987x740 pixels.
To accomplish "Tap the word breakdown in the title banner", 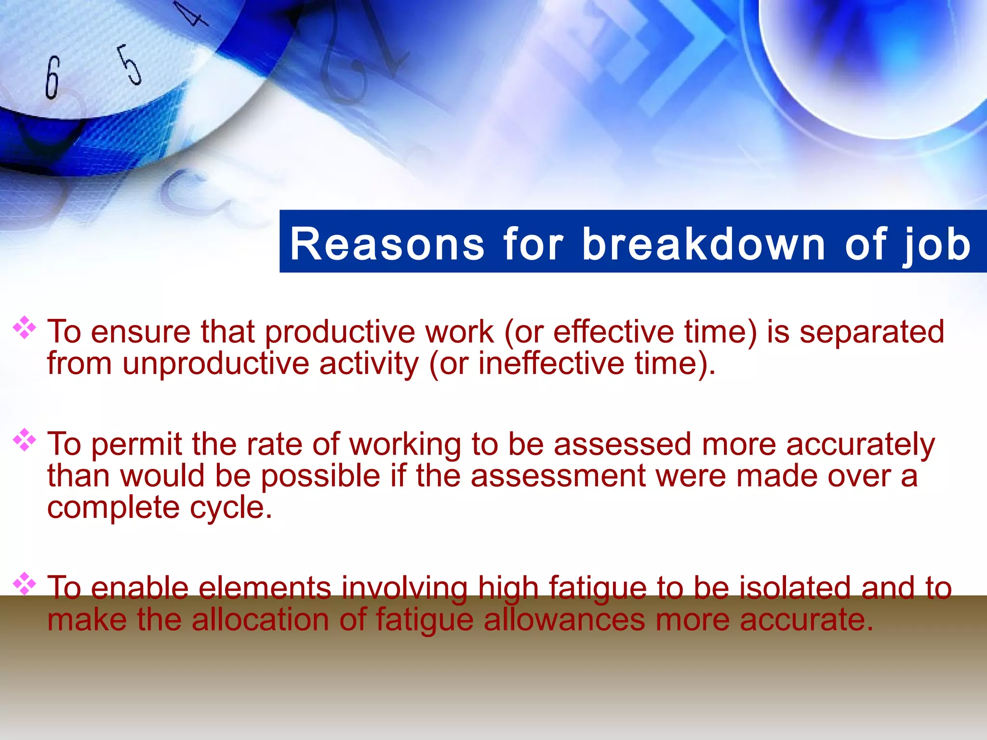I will pyautogui.click(x=704, y=244).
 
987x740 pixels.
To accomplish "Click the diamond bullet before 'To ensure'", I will pyautogui.click(x=24, y=328).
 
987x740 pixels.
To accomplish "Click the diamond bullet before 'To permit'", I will pyautogui.click(x=24, y=440).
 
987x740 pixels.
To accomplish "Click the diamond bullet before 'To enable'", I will pyautogui.click(x=24, y=584).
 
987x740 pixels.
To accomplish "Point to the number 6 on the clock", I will pyautogui.click(x=53, y=77).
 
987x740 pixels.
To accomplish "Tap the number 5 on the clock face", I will pyautogui.click(x=130, y=65).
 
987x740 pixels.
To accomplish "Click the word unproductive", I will pyautogui.click(x=215, y=363).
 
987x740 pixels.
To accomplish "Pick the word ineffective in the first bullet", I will pyautogui.click(x=551, y=363).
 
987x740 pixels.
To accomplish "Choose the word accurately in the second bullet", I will pyautogui.click(x=860, y=444).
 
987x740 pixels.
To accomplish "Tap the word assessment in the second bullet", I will pyautogui.click(x=558, y=476).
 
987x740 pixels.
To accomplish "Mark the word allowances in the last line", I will pyautogui.click(x=564, y=620).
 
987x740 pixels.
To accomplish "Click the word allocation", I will pyautogui.click(x=260, y=620).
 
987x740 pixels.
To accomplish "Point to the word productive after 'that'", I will pyautogui.click(x=340, y=332).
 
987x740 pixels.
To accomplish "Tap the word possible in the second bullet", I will pyautogui.click(x=320, y=476).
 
